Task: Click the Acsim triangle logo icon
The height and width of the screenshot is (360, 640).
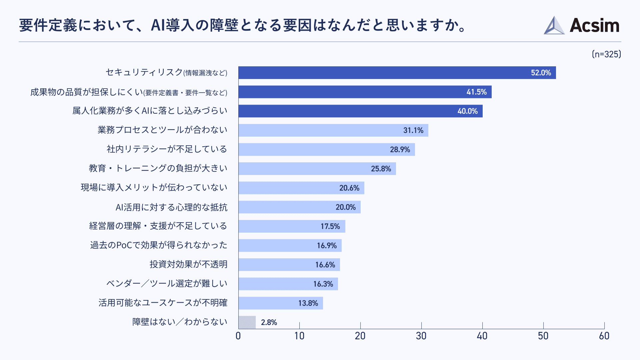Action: coord(554,26)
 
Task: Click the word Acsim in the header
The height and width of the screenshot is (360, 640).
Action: coord(594,26)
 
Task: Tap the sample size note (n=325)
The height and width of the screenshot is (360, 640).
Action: coord(606,54)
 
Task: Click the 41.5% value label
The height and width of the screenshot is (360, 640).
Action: coord(476,92)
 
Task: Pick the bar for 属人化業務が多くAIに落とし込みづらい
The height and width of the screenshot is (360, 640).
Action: coord(360,111)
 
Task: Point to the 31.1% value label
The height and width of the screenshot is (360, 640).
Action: coord(413,130)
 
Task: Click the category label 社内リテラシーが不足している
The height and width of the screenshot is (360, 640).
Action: coord(167,149)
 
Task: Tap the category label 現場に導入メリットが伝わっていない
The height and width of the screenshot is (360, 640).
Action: coord(154,188)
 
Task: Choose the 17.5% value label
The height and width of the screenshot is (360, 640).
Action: coord(330,226)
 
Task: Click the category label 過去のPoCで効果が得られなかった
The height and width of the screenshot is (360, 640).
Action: coord(159,245)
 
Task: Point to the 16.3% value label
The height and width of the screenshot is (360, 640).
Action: coord(323,284)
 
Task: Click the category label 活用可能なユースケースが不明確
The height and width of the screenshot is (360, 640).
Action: coord(163,303)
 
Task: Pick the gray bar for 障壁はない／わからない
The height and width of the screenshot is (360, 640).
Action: coord(247,322)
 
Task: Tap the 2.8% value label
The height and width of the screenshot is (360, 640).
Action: coord(269,322)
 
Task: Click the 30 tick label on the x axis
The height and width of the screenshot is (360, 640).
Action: coord(421,336)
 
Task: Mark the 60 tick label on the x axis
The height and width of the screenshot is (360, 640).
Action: coord(604,336)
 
